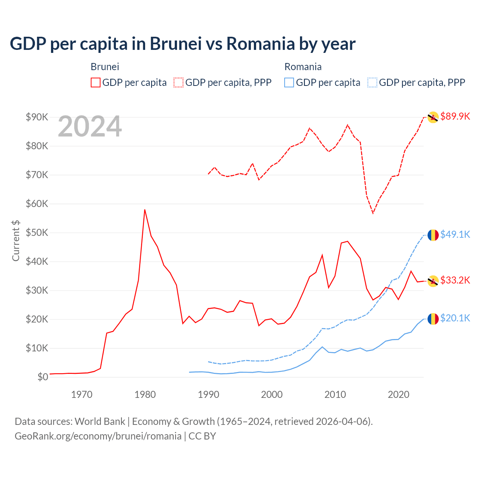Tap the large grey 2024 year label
click(90, 127)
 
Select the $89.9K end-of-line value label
click(455, 116)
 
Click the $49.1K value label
click(455, 234)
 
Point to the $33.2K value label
click(455, 280)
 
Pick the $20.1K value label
click(455, 318)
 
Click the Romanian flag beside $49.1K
click(433, 235)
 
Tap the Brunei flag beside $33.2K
click(433, 281)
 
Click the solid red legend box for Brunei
click(96, 82)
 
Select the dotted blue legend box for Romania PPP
click(372, 82)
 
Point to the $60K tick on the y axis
click(37, 204)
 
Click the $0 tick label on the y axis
click(43, 377)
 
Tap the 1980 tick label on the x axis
click(145, 394)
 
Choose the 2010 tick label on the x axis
click(335, 394)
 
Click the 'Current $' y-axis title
click(16, 241)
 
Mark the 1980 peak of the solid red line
click(145, 210)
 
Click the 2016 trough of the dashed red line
click(373, 213)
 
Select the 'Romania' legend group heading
click(303, 67)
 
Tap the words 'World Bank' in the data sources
click(100, 421)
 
